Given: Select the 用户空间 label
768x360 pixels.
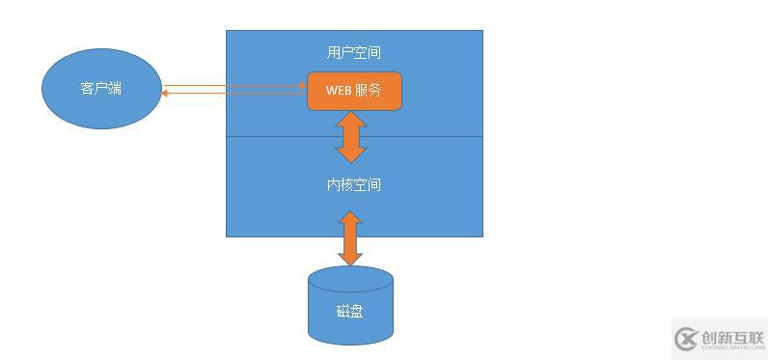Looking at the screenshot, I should pyautogui.click(x=354, y=52).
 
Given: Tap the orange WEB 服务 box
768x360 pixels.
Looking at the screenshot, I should pyautogui.click(x=354, y=91).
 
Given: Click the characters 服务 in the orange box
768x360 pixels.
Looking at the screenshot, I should pyautogui.click(x=369, y=91).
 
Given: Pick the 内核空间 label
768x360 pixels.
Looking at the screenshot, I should pyautogui.click(x=354, y=183).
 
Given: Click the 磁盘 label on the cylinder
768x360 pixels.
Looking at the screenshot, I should pyautogui.click(x=350, y=311).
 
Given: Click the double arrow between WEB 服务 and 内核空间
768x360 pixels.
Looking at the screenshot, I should pyautogui.click(x=350, y=136).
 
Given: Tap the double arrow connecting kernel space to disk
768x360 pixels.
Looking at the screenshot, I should pyautogui.click(x=350, y=238).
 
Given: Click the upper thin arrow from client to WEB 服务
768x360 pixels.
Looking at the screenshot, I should pyautogui.click(x=232, y=86).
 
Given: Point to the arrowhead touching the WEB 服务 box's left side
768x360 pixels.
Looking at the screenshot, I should pyautogui.click(x=303, y=86).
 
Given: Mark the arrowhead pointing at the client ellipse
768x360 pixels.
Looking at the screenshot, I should pyautogui.click(x=165, y=93).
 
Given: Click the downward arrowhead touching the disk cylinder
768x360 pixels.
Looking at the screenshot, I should pyautogui.click(x=350, y=258).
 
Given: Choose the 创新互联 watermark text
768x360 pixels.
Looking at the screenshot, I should pyautogui.click(x=733, y=338).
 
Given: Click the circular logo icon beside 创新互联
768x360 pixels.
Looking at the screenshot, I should pyautogui.click(x=687, y=339).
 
